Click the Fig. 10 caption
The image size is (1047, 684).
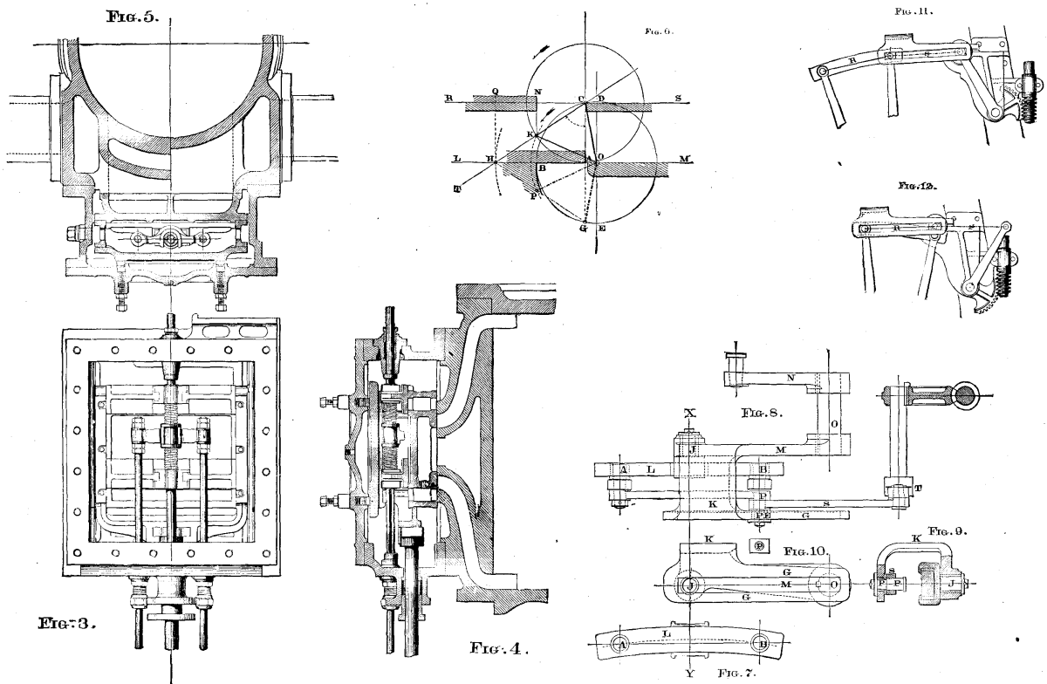coord(804,552)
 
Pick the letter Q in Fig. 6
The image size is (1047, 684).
coord(495,91)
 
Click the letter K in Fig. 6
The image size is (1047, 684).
coord(529,134)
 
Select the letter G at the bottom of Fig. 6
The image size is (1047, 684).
coord(583,229)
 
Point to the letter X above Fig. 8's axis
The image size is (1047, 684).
coord(689,411)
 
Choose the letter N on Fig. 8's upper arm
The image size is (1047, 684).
coord(790,379)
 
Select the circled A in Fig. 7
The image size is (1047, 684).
coord(621,643)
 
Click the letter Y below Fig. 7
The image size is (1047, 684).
coord(689,674)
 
